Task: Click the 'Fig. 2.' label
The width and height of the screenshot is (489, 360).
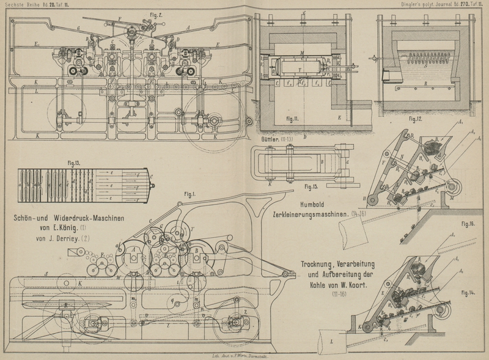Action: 156,12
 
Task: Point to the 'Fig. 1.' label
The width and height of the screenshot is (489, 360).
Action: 189,195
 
